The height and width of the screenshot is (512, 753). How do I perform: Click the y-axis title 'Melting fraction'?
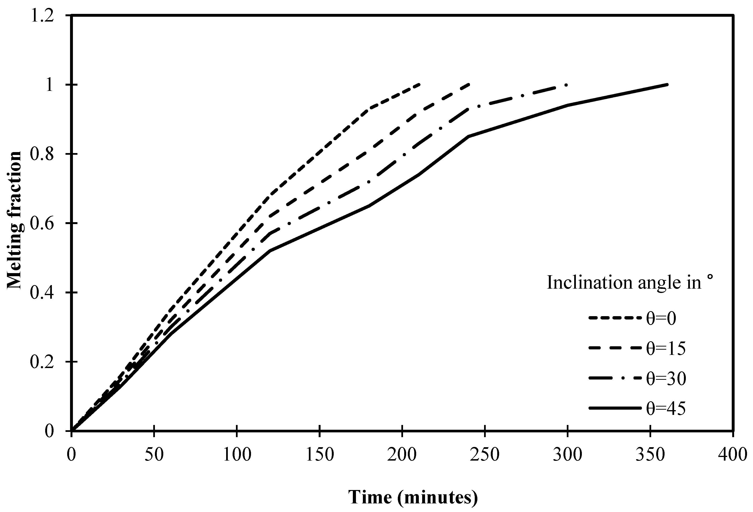coord(15,220)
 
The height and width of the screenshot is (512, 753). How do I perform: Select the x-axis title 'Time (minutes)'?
coord(413,497)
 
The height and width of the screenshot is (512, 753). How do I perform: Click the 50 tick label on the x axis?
coord(154,455)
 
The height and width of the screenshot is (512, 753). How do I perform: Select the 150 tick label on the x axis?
coord(319,455)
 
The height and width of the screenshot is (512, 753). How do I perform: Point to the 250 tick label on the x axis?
coord(485,455)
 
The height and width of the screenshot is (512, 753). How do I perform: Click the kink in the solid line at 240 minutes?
coord(469,136)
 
